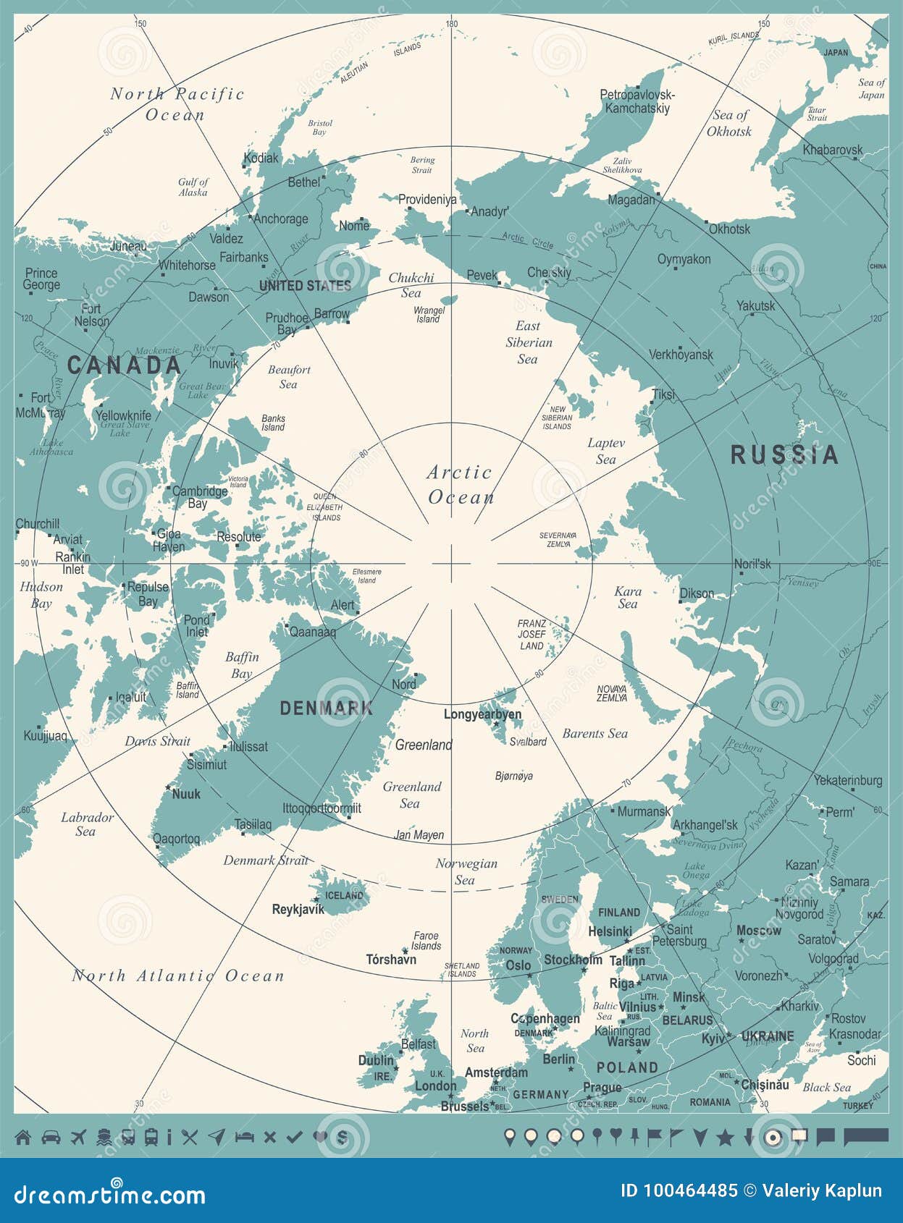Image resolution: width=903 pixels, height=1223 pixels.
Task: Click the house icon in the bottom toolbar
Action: coord(23,1137)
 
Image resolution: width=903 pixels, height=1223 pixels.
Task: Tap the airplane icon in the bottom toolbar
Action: coord(78,1137)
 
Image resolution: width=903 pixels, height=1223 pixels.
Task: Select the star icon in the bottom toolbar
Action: coord(725,1137)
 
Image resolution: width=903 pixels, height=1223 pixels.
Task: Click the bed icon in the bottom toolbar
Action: coord(244,1137)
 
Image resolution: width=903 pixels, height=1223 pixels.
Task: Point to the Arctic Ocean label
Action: coord(460,485)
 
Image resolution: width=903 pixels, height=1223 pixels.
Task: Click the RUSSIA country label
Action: coord(784,455)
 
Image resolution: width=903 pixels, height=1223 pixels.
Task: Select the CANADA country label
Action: coord(124,365)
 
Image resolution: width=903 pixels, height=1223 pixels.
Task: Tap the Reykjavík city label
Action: coord(298,910)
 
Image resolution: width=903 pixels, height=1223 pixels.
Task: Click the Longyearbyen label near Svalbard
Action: coord(482,714)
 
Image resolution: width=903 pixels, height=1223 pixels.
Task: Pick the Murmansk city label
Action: coord(644,811)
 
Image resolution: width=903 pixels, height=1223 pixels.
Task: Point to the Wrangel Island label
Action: coord(429,314)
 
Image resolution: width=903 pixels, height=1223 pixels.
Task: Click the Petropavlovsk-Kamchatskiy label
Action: coord(637,101)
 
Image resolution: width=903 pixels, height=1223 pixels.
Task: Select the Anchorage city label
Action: coord(281,219)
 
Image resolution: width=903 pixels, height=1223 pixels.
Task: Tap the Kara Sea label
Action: coord(628,597)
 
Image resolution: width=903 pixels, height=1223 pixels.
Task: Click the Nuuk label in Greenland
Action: coord(186,794)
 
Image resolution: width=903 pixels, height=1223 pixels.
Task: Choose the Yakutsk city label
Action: coord(755,306)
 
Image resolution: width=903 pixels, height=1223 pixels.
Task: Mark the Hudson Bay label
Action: coord(41,594)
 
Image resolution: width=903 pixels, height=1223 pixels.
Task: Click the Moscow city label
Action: coord(758,931)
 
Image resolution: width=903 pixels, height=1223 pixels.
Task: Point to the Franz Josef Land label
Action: coord(532,634)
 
